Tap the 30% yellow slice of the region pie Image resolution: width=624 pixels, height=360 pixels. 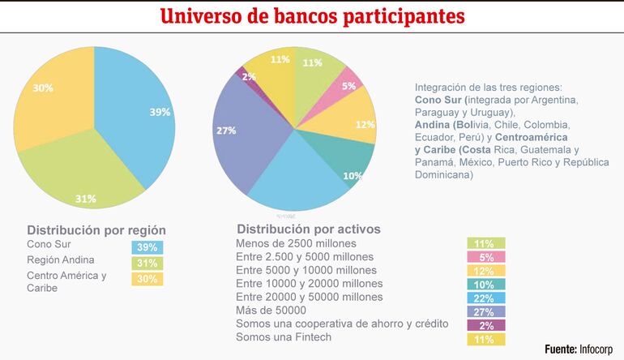(53, 97)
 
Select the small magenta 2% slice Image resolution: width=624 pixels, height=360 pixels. (243, 76)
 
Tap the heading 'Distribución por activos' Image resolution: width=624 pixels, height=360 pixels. (308, 229)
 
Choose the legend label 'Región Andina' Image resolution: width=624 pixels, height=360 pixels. (61, 260)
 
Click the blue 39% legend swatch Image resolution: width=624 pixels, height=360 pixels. (147, 247)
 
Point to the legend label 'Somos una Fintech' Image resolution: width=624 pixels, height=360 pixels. (283, 337)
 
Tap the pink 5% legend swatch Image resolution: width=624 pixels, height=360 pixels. (486, 257)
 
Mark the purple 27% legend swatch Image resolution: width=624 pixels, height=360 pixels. (486, 311)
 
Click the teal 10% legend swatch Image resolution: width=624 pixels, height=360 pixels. (486, 284)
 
